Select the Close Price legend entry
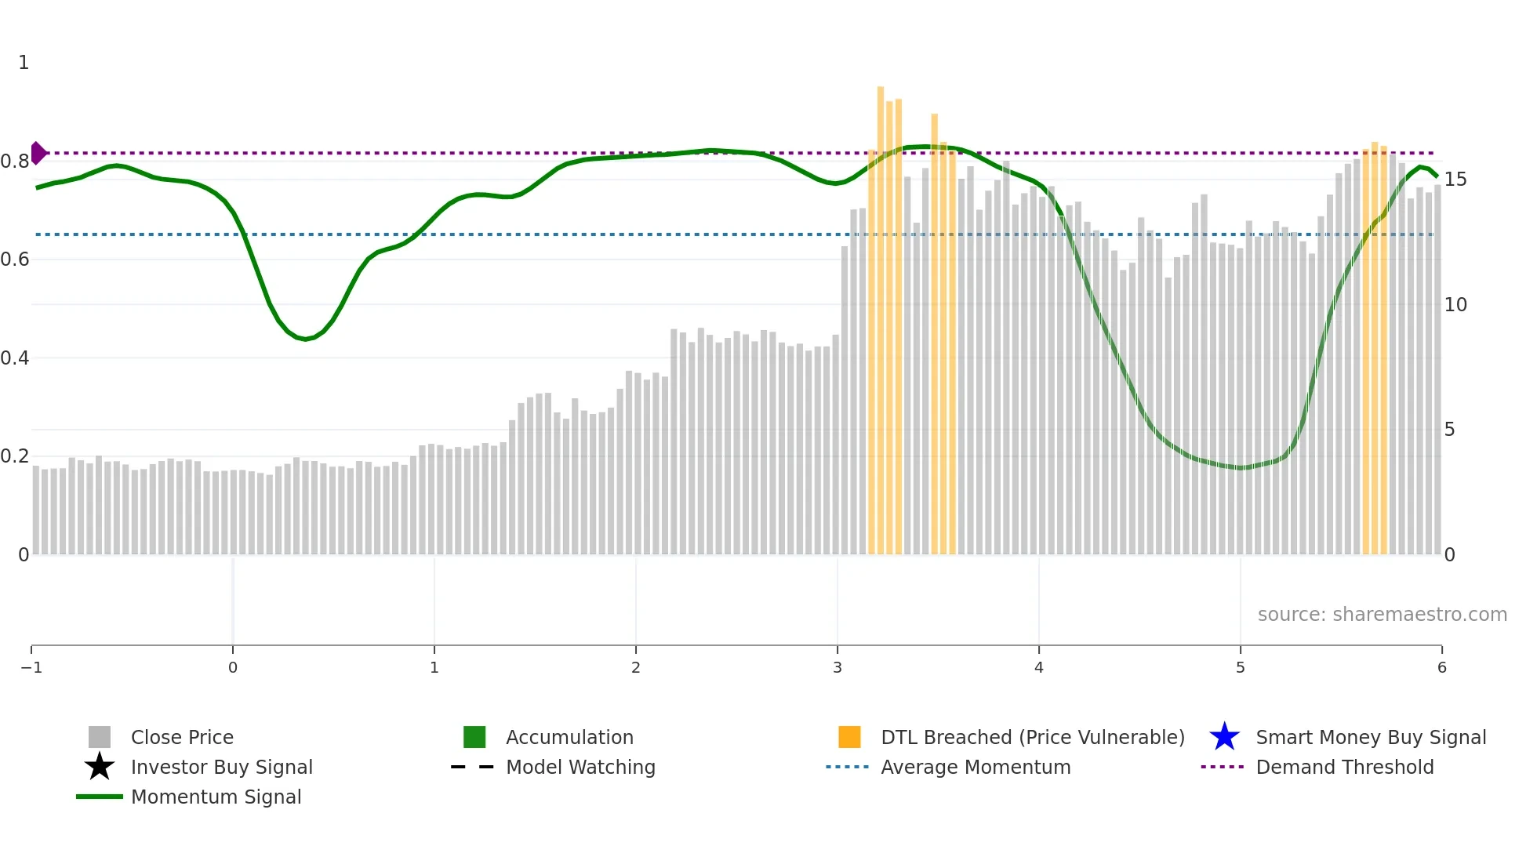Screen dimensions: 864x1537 tap(182, 737)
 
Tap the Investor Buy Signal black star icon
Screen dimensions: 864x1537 tap(100, 767)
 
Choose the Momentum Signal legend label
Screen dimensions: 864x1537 tap(216, 797)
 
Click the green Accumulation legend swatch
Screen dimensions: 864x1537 tap(474, 737)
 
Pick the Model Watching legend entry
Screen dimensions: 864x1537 tap(580, 767)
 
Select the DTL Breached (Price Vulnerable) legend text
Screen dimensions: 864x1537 tap(1032, 737)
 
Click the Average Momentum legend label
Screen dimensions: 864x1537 tap(976, 767)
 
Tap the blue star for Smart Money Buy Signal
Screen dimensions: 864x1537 tap(1224, 737)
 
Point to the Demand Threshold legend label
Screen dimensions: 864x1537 tap(1344, 767)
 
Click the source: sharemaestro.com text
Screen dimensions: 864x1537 tap(1382, 614)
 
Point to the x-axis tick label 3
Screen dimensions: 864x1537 tap(838, 667)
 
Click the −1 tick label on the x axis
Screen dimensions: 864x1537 tap(31, 667)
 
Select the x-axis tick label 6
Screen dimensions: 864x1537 tap(1441, 667)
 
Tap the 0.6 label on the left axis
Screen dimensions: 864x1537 tap(15, 260)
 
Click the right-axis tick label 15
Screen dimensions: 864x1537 tap(1455, 180)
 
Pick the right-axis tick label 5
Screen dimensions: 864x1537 tap(1450, 430)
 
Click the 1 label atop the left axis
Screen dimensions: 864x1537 tap(24, 63)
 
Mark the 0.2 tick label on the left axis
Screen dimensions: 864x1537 tap(15, 456)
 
